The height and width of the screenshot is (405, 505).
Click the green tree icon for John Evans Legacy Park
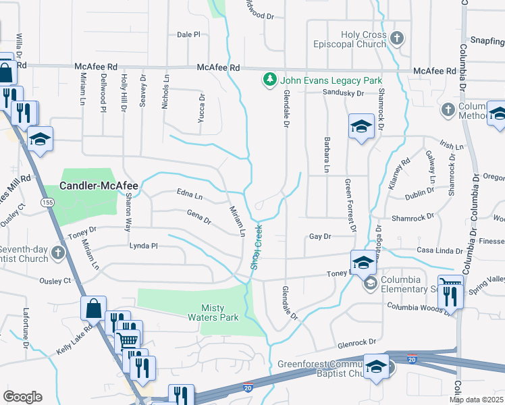[271, 80]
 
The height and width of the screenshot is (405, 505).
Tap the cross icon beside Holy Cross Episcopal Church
[396, 38]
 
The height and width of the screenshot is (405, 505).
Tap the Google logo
[22, 397]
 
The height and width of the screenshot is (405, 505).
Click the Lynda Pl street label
[143, 246]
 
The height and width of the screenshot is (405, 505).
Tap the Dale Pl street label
[188, 34]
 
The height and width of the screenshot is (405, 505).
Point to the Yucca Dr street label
[202, 105]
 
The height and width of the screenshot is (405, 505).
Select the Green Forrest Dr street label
[350, 205]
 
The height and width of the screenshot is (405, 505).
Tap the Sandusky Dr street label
[343, 93]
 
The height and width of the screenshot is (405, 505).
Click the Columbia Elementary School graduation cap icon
[369, 285]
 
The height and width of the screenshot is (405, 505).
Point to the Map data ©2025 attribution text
[477, 400]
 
